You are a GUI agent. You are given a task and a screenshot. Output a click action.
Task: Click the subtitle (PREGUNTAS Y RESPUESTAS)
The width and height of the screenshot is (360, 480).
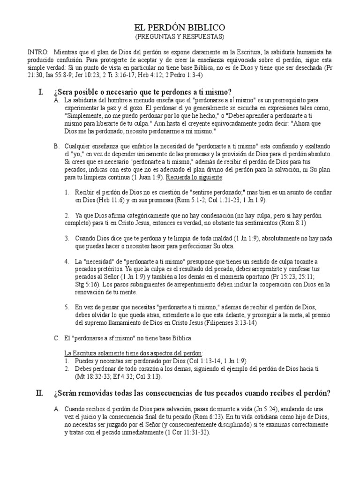click(180, 36)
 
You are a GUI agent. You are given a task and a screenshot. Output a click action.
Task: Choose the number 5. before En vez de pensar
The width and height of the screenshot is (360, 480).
click(67, 307)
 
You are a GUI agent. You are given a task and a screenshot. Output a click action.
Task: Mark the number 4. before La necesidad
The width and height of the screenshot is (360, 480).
click(67, 261)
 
